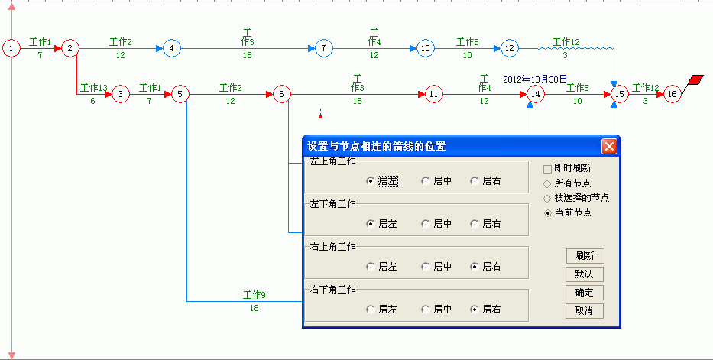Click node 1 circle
(11, 47)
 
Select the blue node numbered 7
(323, 47)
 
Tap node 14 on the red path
(536, 94)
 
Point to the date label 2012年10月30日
(535, 79)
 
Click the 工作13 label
(94, 87)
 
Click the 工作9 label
(254, 295)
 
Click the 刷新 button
(585, 256)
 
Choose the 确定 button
(585, 293)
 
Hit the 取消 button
(585, 311)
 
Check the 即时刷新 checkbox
(547, 169)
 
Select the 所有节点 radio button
(547, 184)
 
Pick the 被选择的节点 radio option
(547, 198)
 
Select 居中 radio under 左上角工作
(425, 181)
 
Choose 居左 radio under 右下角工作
(371, 310)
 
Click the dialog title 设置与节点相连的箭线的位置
(377, 146)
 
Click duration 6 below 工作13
(92, 101)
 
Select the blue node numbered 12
(510, 47)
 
